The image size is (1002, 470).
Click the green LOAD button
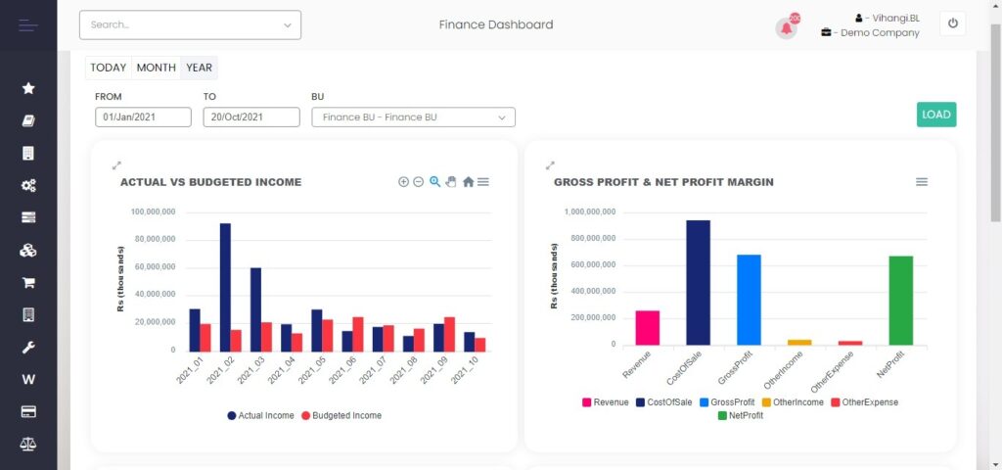(x=936, y=115)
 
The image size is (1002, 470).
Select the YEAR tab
(x=199, y=68)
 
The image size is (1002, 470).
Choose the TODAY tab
(x=109, y=68)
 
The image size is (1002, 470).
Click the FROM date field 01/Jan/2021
(x=143, y=117)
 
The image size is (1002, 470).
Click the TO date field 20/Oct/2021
(x=251, y=117)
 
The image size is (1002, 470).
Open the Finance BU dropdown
(x=413, y=117)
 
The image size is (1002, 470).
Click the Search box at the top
(x=190, y=24)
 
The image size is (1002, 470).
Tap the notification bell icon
(x=786, y=27)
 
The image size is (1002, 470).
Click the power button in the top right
(x=953, y=24)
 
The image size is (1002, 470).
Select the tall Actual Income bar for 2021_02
(x=225, y=286)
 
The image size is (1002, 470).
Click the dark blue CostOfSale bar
(x=698, y=282)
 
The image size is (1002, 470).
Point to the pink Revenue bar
(x=648, y=327)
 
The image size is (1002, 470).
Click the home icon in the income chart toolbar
(x=468, y=181)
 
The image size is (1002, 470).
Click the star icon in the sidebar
(x=28, y=88)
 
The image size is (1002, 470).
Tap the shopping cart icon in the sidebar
(x=28, y=282)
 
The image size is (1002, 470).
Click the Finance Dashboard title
(x=495, y=24)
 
